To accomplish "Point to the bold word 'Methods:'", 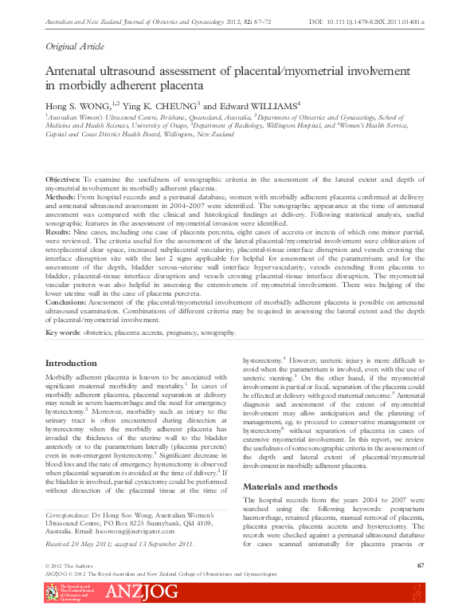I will (x=60, y=195).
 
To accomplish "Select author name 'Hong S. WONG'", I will (x=78, y=104).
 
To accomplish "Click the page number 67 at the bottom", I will (x=420, y=565).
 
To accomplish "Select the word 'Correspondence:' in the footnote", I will (x=65, y=510).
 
